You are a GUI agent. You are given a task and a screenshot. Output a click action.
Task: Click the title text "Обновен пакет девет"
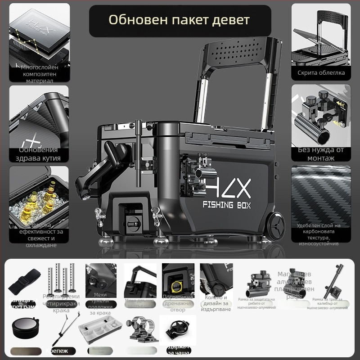(179, 20)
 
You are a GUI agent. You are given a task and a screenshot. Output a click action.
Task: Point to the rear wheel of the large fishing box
(278, 228)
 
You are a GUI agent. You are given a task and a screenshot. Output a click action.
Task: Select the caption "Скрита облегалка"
(321, 72)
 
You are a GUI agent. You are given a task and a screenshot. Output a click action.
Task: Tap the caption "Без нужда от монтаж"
(321, 154)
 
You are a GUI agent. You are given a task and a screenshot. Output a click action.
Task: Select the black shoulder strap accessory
(22, 281)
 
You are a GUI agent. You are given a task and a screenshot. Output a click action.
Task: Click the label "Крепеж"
(57, 351)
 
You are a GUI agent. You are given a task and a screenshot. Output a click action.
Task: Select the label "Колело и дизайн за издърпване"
(216, 303)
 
